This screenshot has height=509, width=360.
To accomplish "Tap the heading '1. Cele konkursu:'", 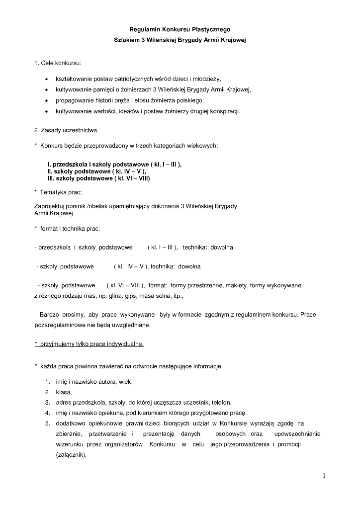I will tap(58, 64).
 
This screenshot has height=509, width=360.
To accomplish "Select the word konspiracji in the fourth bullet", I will tap(225, 111).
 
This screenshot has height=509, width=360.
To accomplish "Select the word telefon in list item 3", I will tap(221, 403).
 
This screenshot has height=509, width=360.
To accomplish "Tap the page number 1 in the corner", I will tap(323, 476).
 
